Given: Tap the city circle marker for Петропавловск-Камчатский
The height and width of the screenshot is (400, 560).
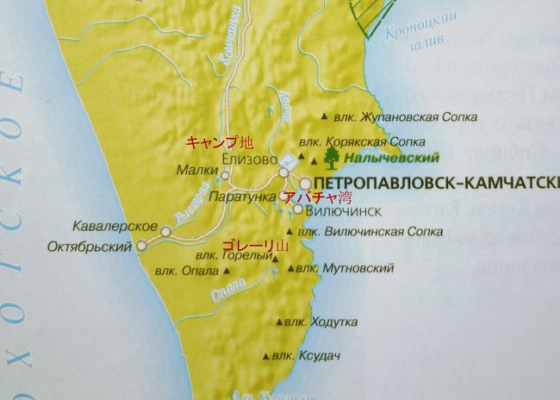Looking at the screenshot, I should tap(305, 183).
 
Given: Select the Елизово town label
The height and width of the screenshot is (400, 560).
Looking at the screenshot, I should tap(248, 160).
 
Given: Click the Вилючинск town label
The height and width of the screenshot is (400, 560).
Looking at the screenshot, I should tap(338, 209).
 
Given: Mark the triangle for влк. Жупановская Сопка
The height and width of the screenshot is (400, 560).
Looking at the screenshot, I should tap(323, 116).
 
